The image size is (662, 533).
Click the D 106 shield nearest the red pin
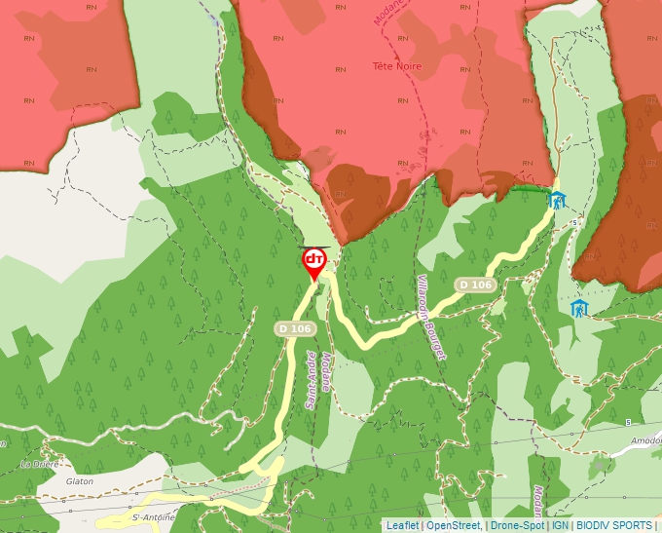click(x=294, y=328)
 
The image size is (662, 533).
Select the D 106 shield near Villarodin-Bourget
click(x=475, y=284)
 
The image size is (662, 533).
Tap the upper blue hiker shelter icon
click(x=556, y=201)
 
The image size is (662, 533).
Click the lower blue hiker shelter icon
click(x=579, y=309)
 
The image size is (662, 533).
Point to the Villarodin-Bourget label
click(x=429, y=318)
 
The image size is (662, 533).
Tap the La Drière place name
click(x=40, y=464)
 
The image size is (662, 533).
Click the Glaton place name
click(x=79, y=481)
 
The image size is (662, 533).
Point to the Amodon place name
click(x=645, y=441)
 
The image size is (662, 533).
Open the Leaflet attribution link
click(x=402, y=525)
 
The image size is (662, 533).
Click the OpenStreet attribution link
click(x=454, y=525)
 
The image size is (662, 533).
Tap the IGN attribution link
click(x=560, y=525)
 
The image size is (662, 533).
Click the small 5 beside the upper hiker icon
click(x=575, y=222)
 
